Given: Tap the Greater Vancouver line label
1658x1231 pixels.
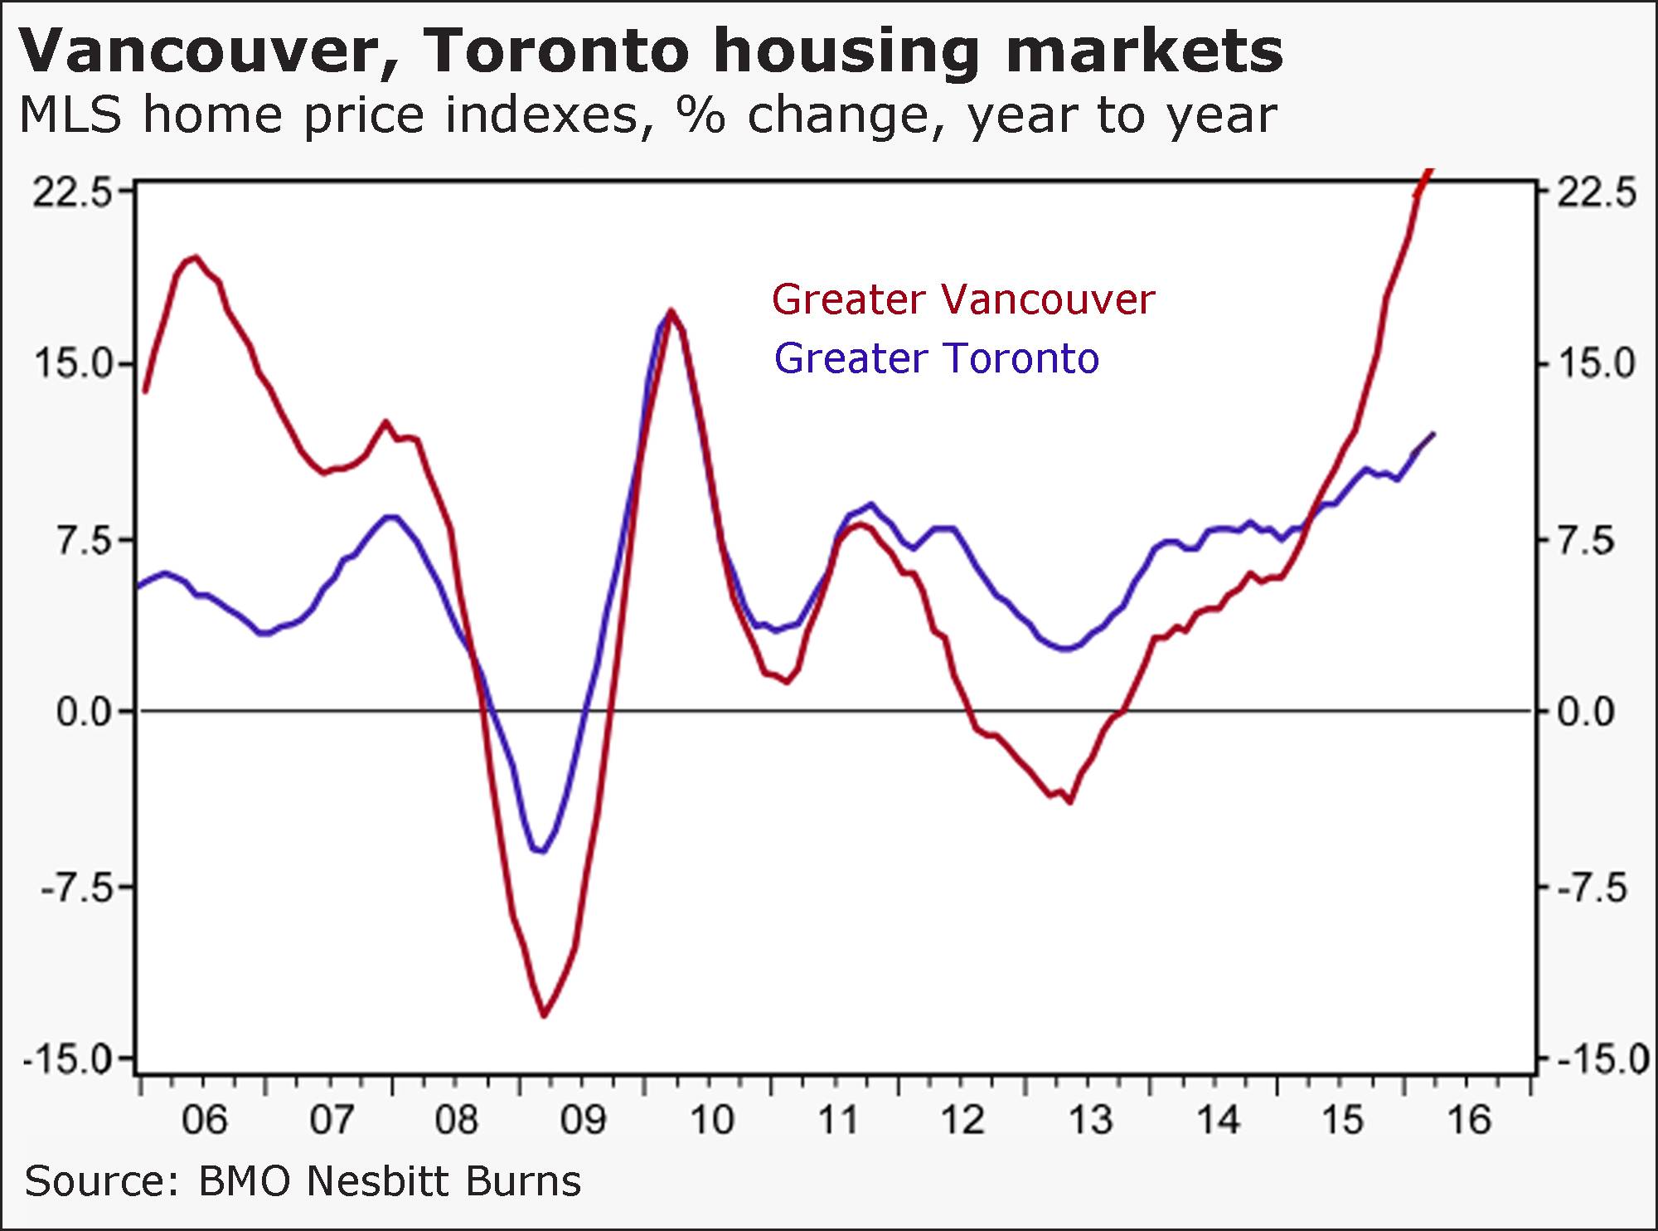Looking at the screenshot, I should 962,299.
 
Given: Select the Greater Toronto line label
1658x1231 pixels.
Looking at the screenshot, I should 937,359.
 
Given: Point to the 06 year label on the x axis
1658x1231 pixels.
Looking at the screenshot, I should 204,1120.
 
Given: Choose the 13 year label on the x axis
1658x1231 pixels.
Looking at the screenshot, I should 1090,1120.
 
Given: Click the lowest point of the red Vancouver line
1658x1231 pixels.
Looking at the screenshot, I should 544,1015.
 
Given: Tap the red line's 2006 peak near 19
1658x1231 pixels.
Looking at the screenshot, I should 195,257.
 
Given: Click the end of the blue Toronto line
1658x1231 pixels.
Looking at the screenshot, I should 1433,434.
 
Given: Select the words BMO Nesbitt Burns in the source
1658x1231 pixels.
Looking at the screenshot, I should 390,1180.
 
